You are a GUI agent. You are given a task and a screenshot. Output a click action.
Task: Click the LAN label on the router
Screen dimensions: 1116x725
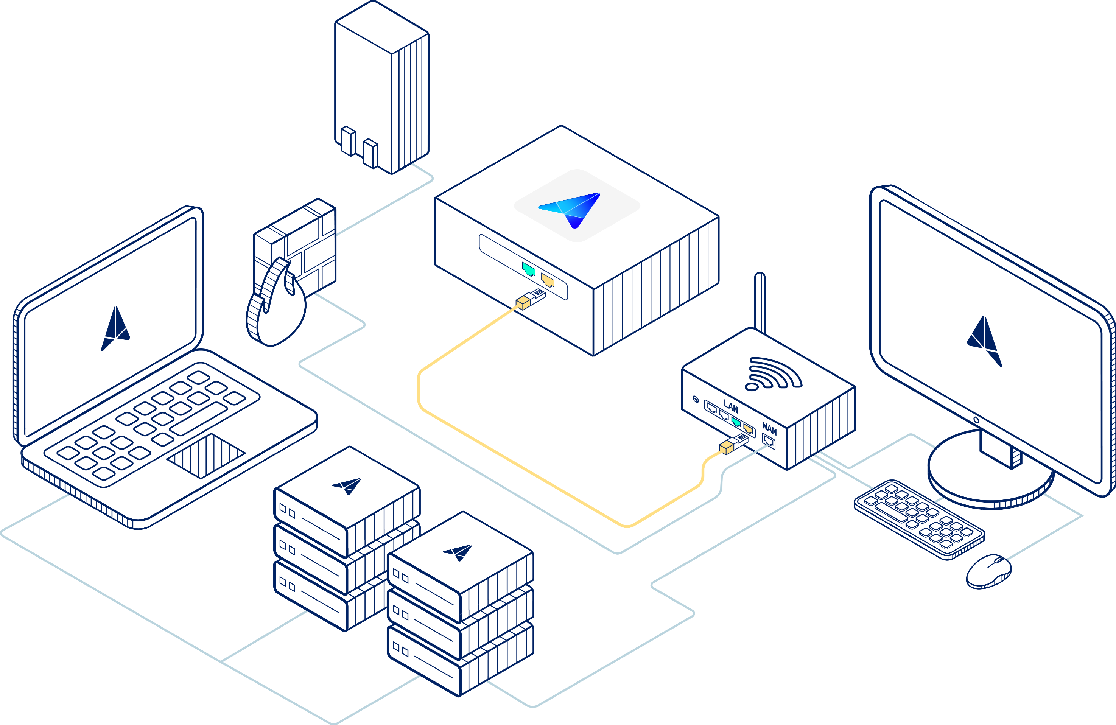click(x=730, y=406)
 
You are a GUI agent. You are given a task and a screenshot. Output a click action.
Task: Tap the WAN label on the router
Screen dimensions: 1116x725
click(x=769, y=428)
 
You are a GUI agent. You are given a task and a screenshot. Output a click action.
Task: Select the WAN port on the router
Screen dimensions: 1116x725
click(x=769, y=441)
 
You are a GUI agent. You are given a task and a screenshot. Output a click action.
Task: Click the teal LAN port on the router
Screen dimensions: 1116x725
click(x=736, y=422)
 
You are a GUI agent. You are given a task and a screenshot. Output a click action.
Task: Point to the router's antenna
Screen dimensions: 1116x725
click(x=760, y=302)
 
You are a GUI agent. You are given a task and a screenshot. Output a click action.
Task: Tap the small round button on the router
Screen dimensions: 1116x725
click(x=696, y=399)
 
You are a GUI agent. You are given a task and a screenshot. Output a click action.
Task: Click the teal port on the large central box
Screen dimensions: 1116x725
click(x=528, y=269)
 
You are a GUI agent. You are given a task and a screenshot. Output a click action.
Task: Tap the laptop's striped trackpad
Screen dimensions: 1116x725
click(x=206, y=455)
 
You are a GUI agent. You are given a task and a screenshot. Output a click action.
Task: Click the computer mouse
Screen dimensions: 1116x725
click(x=988, y=571)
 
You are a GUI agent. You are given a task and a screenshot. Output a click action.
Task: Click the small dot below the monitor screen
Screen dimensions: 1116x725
click(x=976, y=420)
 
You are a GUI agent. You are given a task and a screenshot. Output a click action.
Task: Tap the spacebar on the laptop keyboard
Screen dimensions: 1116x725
click(x=198, y=418)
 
